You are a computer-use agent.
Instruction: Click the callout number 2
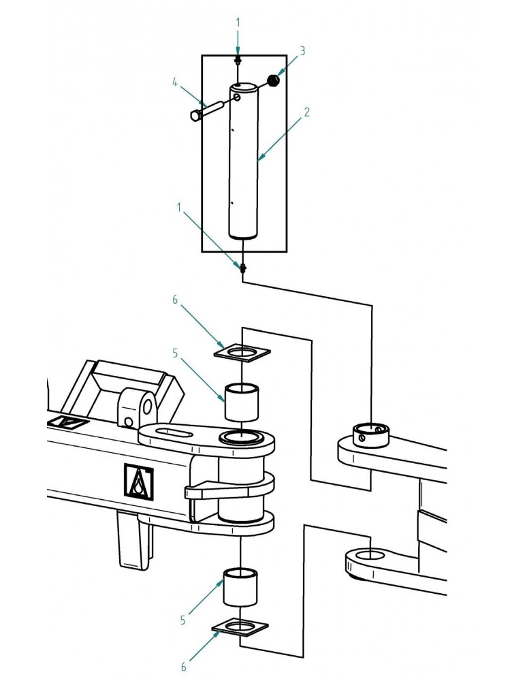pyautogui.click(x=307, y=112)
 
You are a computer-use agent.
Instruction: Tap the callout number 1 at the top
pyautogui.click(x=238, y=22)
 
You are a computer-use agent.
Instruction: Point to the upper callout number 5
pyautogui.click(x=175, y=353)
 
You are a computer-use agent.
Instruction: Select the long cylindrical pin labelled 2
pyautogui.click(x=244, y=163)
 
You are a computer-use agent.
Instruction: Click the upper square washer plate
pyautogui.click(x=242, y=352)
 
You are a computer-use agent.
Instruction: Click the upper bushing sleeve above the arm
pyautogui.click(x=243, y=402)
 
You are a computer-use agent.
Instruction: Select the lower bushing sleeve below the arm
pyautogui.click(x=241, y=586)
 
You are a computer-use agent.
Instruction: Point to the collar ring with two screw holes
pyautogui.click(x=370, y=434)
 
